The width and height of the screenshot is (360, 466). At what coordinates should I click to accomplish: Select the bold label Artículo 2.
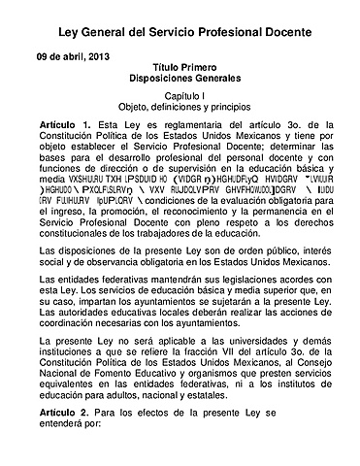65,412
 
